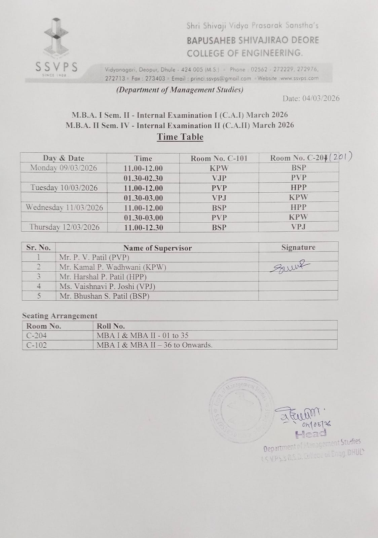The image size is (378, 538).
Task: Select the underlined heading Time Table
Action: coord(180,137)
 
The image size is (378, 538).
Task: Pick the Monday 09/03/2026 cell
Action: coord(64,168)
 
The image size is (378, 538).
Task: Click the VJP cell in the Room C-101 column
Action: coord(219,178)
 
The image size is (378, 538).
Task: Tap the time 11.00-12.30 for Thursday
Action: coord(144,228)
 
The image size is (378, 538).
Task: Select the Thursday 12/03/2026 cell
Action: coord(64,227)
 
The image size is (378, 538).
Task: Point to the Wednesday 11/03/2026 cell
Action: coord(64,207)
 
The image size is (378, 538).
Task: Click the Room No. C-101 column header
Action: coord(219,158)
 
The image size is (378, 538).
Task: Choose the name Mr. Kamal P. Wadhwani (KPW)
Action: coord(113,267)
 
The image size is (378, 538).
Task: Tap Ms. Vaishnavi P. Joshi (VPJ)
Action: coord(107,286)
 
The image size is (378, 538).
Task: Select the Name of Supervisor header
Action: coord(157,248)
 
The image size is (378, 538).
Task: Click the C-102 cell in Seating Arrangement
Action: coord(37,345)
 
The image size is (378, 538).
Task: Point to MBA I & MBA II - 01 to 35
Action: coord(143,335)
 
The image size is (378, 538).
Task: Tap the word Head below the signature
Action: coord(310,434)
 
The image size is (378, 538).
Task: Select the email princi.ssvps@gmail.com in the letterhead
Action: coord(221,78)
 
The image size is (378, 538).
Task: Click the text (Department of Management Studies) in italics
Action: coord(180,90)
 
